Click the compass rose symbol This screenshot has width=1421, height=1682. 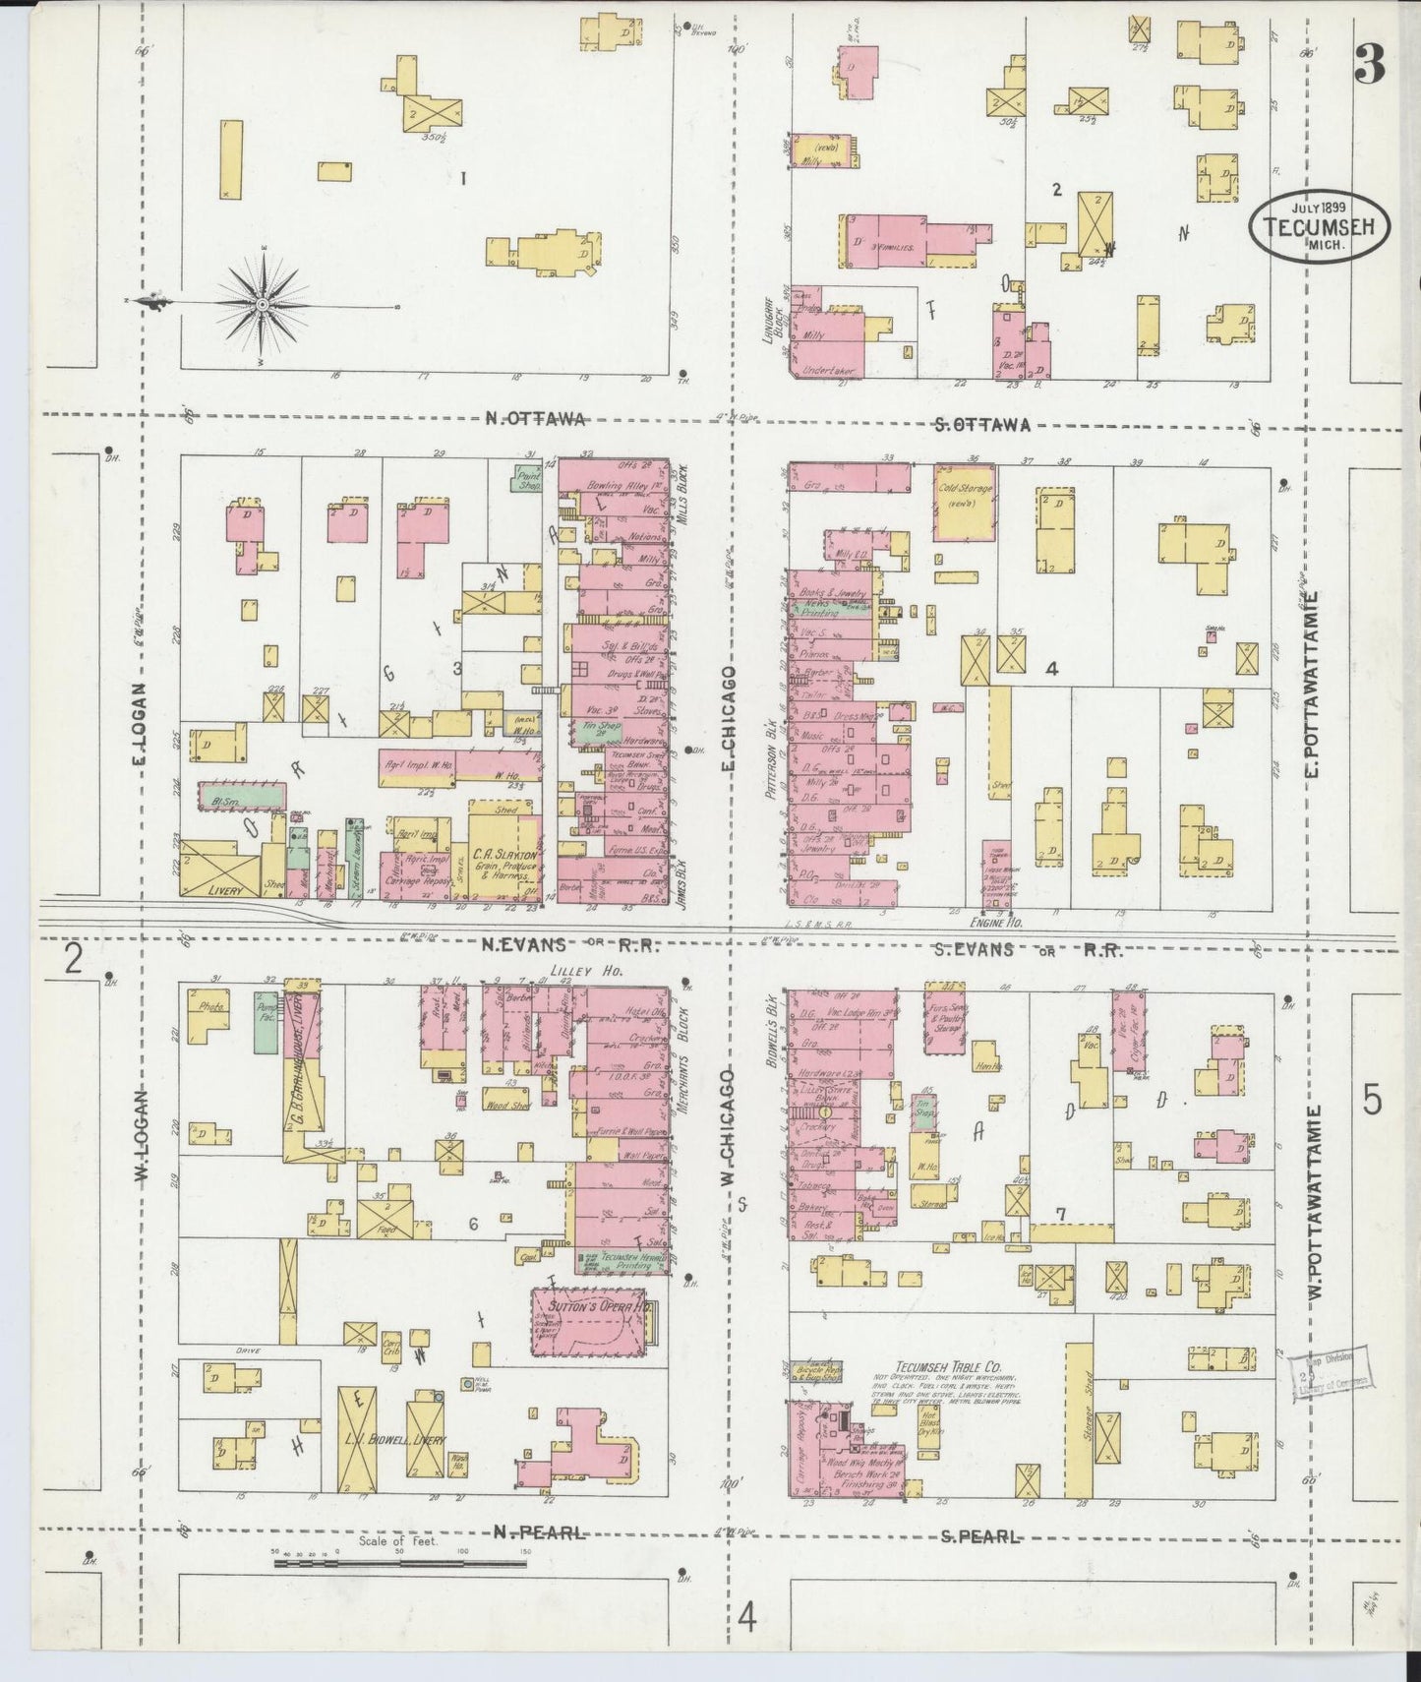point(264,305)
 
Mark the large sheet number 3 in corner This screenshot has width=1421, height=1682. point(1368,67)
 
